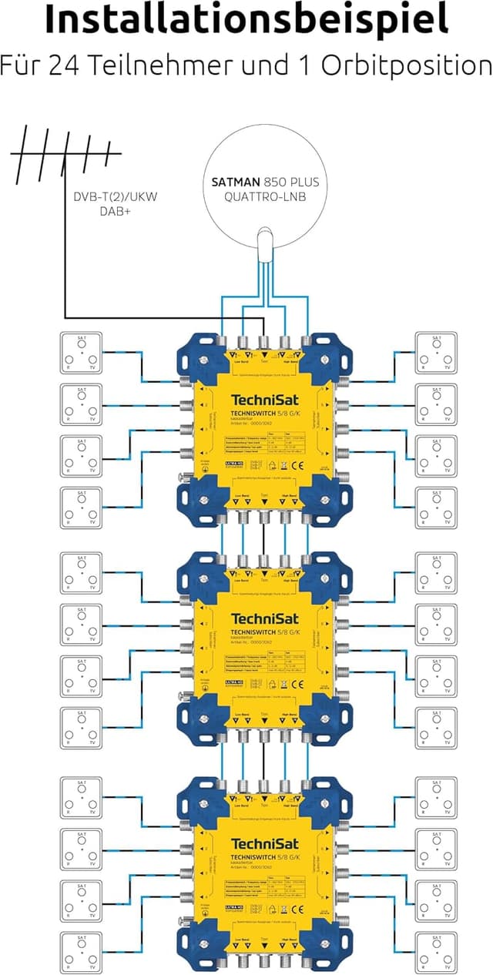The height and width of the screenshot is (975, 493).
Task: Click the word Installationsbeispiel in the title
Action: pyautogui.click(x=246, y=20)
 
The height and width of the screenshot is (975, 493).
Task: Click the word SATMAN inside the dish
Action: pyautogui.click(x=236, y=183)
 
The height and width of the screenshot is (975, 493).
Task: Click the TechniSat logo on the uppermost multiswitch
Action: pyautogui.click(x=264, y=400)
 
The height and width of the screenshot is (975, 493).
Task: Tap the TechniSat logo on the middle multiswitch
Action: pyautogui.click(x=264, y=620)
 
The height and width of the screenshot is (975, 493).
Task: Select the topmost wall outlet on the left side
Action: pyautogui.click(x=80, y=351)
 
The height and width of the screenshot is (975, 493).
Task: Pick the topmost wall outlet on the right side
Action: pyautogui.click(x=436, y=351)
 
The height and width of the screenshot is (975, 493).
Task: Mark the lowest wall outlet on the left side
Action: pyautogui.click(x=80, y=952)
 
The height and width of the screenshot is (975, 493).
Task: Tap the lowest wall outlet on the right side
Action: pyautogui.click(x=436, y=952)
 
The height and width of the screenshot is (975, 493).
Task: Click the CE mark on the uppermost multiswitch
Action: pyautogui.click(x=302, y=465)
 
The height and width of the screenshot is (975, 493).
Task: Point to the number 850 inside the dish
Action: pyautogui.click(x=278, y=183)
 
